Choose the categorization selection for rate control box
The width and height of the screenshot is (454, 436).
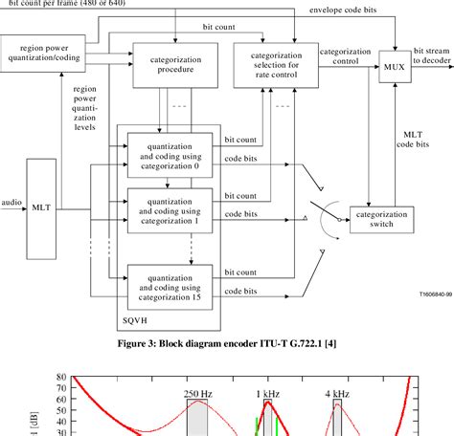tap(274, 62)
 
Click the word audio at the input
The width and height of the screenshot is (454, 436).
tap(12, 202)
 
